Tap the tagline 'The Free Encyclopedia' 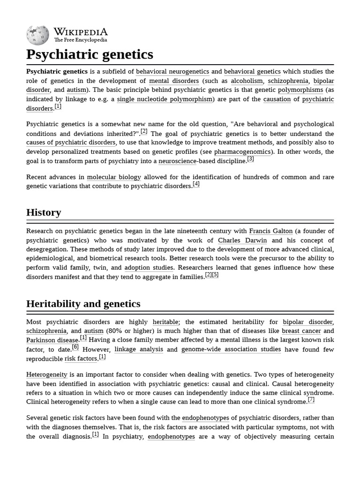(x=80, y=40)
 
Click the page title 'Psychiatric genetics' (x=90, y=54)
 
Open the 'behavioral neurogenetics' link (x=172, y=72)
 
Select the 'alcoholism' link (x=247, y=81)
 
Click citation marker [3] (x=250, y=159)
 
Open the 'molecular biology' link (x=114, y=177)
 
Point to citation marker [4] (x=196, y=184)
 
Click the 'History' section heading (x=44, y=212)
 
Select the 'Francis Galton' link (x=270, y=231)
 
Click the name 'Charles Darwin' (x=242, y=240)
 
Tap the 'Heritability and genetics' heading (x=83, y=304)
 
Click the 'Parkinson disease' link (x=52, y=340)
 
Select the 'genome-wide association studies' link (x=231, y=349)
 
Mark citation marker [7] (x=311, y=400)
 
